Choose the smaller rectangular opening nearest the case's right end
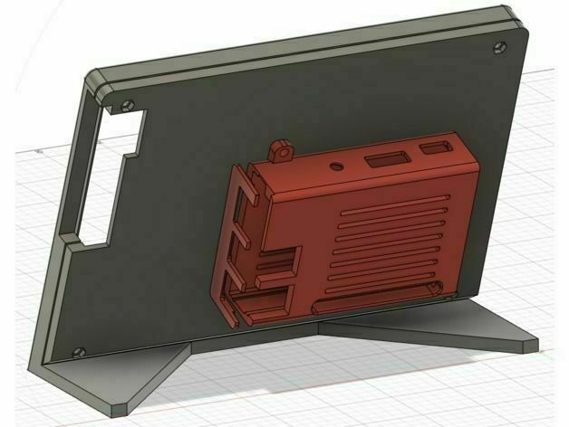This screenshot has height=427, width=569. point(441,147)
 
